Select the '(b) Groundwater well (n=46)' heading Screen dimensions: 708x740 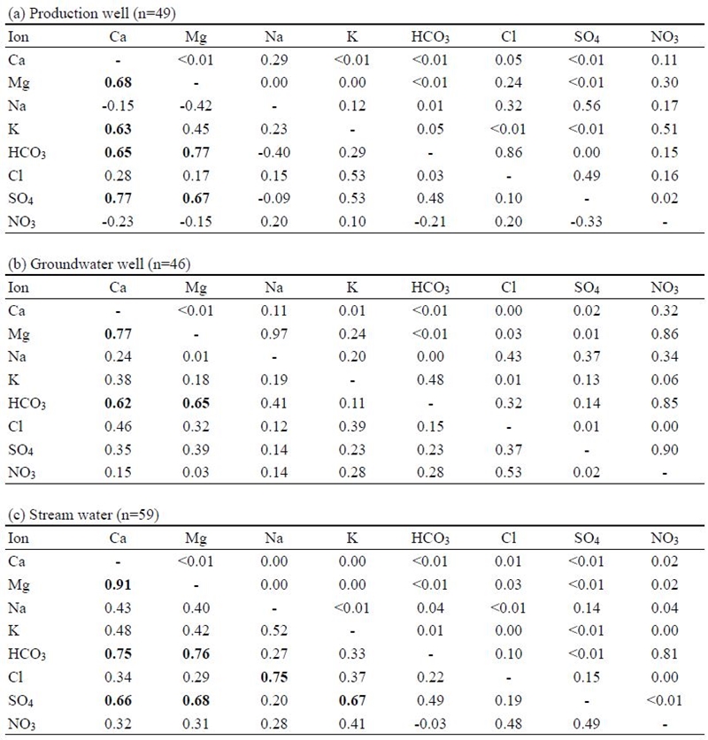99,263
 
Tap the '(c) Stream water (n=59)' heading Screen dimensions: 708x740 83,515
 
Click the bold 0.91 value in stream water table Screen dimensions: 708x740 118,584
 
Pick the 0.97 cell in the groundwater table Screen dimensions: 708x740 274,333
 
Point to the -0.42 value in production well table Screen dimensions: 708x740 196,105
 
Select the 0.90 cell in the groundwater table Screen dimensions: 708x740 665,449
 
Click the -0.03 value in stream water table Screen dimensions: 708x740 430,723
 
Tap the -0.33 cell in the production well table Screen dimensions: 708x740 586,221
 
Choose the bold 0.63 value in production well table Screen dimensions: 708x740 118,129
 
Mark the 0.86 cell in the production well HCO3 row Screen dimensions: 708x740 508,152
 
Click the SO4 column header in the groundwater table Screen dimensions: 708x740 587,288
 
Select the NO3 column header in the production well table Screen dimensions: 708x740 665,37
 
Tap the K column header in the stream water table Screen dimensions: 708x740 352,538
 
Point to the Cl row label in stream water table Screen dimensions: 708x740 15,676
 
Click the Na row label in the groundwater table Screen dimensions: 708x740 17,356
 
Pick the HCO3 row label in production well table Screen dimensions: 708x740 27,153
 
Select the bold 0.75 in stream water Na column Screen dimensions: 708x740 274,676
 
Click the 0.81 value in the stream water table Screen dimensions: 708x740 665,653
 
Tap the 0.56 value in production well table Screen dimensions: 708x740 586,105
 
